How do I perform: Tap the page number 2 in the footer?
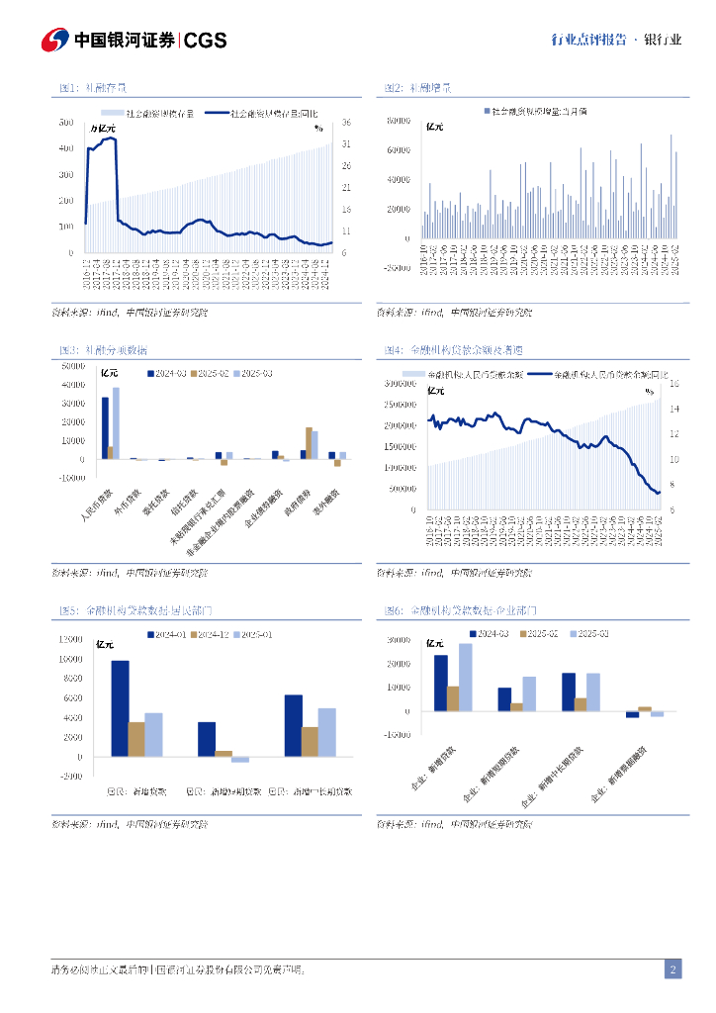point(672,968)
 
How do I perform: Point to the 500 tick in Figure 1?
point(65,122)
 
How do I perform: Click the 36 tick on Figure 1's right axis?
point(346,122)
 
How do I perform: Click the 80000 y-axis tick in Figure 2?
point(398,121)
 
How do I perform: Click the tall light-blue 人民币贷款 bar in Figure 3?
point(116,423)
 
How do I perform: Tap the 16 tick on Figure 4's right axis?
point(674,383)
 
